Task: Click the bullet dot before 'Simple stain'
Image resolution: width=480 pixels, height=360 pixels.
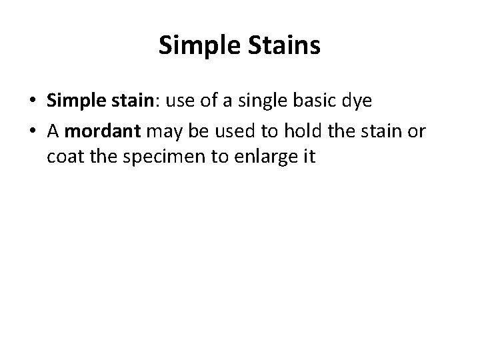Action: coord(33,101)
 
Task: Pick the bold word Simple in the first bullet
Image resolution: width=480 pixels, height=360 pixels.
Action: coord(74,101)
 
